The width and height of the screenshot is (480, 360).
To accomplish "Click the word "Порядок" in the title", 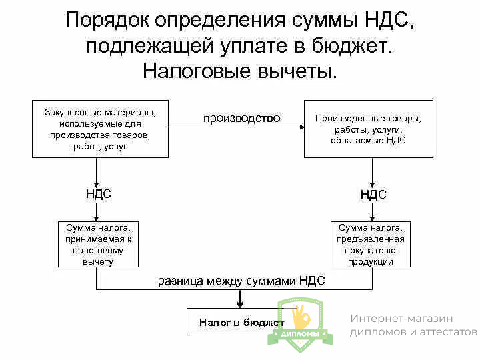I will tap(107, 19).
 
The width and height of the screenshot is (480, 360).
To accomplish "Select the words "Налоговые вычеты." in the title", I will tap(240, 70).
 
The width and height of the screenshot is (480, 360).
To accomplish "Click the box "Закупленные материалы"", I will tap(100, 129).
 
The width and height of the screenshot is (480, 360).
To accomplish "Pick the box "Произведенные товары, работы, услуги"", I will tap(368, 129).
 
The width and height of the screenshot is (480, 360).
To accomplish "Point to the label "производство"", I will tap(241, 118).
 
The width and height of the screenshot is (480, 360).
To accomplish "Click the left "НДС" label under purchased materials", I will tap(98, 194).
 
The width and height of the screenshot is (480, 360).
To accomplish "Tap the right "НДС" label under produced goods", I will tap(373, 195).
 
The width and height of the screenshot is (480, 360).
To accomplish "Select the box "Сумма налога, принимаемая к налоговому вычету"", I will tap(98, 244).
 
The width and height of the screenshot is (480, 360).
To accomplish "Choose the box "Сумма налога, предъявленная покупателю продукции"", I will tap(371, 244).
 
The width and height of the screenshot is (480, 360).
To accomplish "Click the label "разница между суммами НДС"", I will tap(241, 281).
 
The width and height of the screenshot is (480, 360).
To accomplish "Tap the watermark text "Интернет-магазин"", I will tap(401, 319).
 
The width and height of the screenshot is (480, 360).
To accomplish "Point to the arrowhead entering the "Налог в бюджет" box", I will tap(238, 305).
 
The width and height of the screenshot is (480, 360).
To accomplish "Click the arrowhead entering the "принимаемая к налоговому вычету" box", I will tap(97, 218).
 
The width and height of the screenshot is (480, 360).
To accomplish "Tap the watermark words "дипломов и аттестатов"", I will tap(413, 332).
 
